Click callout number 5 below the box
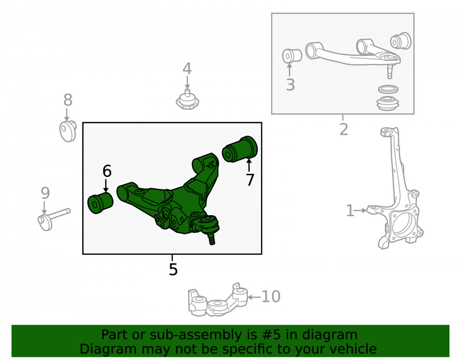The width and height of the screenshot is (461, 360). click(173, 270)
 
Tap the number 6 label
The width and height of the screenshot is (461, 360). click(107, 171)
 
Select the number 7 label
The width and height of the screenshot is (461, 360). click(250, 180)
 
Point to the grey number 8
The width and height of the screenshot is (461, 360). click(68, 100)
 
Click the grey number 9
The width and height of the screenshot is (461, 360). click(45, 193)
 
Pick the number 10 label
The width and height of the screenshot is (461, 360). click(271, 296)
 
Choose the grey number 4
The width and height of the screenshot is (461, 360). click(187, 69)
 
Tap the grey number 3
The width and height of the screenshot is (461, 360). click(290, 85)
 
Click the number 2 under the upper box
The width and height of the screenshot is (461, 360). click(344, 130)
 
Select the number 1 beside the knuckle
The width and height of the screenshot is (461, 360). click(350, 211)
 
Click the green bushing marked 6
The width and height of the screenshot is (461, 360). click(100, 203)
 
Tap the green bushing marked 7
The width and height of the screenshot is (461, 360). click(240, 149)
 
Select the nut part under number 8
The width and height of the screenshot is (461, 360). click(68, 131)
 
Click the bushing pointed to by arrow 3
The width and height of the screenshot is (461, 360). click(292, 56)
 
